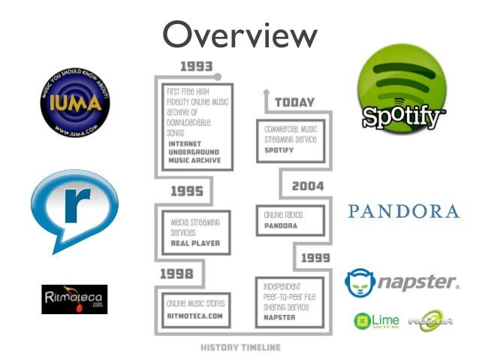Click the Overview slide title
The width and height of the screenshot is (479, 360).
pos(239,35)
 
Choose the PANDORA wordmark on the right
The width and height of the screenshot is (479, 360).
pos(403,211)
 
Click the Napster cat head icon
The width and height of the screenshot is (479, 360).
pos(360,283)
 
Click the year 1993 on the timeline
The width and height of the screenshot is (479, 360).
pos(196,65)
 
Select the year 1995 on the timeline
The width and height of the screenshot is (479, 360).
pos(187,191)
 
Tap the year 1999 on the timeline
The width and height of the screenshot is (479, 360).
pos(315,258)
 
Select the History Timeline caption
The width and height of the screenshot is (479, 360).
pos(239,347)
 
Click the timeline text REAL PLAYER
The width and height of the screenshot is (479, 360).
pos(195,244)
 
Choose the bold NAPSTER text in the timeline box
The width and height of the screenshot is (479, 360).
pos(280,317)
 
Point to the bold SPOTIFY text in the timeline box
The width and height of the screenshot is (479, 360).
pos(279,150)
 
